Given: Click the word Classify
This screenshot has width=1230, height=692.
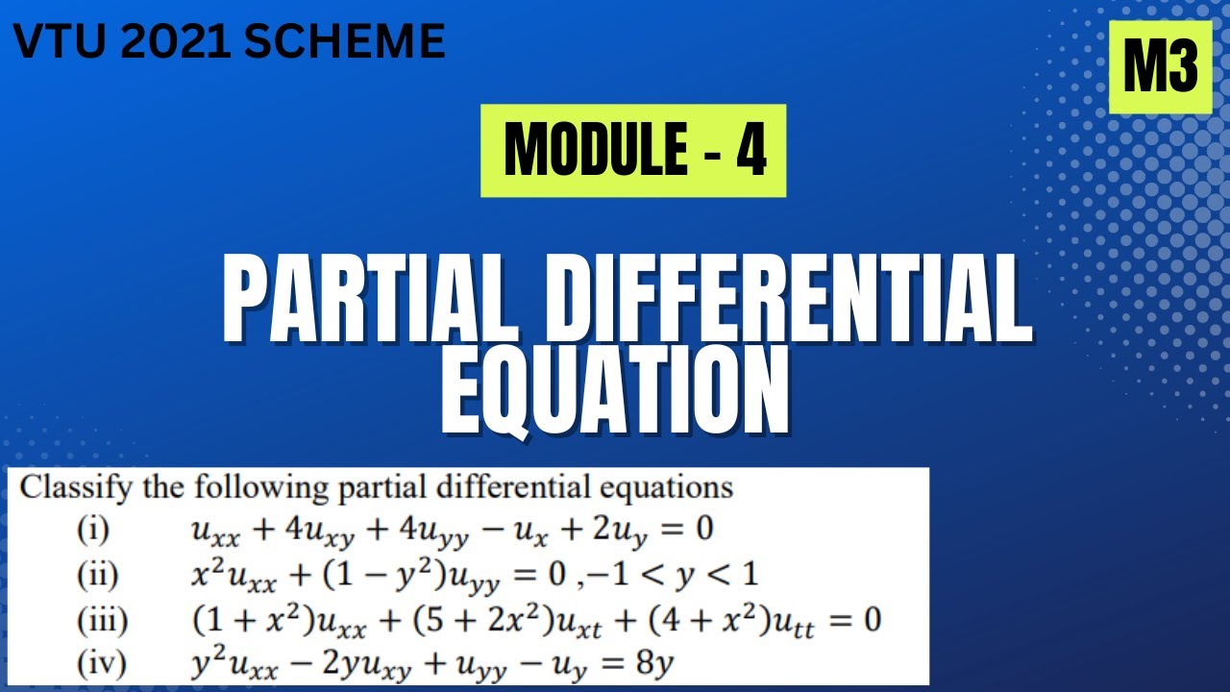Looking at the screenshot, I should pos(76,488).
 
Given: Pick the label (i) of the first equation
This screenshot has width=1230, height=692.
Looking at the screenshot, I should pos(94,529).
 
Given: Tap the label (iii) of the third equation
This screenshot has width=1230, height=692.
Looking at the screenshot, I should pos(102,620).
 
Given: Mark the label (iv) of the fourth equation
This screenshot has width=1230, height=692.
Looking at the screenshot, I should pos(101,664).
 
